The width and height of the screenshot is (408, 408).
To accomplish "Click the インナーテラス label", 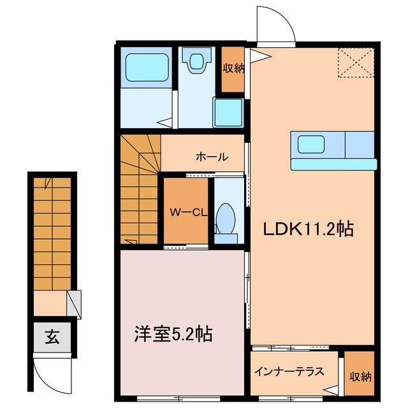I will (x=289, y=371).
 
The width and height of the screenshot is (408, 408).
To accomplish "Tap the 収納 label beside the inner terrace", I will (x=360, y=376).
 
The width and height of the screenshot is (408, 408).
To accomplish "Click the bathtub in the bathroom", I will (x=147, y=67).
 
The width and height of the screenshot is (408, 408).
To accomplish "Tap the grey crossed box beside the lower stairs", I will (x=75, y=303).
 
